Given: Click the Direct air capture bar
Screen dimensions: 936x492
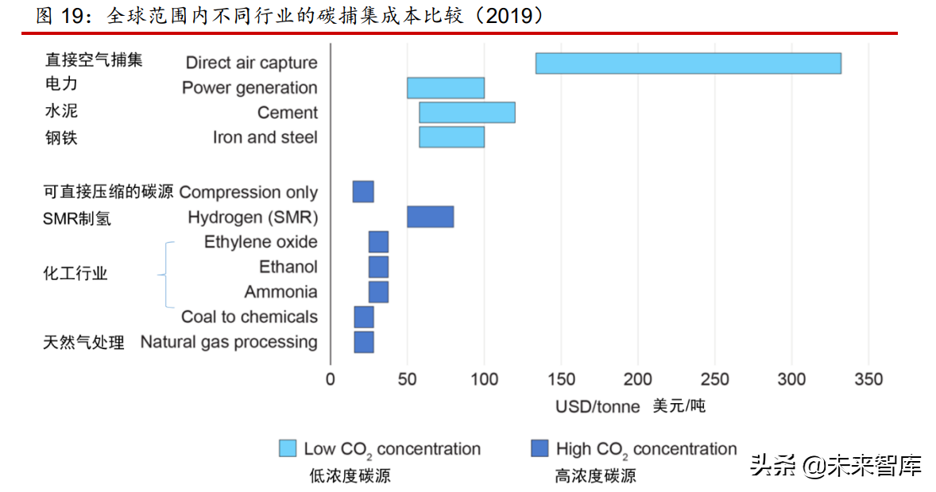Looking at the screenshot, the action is pyautogui.click(x=688, y=63).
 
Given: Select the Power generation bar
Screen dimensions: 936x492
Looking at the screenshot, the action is pyautogui.click(x=446, y=88).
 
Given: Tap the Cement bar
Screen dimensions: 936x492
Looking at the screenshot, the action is pyautogui.click(x=466, y=113).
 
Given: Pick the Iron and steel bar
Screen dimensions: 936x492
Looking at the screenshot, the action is pyautogui.click(x=452, y=137).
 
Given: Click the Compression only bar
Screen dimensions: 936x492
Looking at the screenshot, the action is pyautogui.click(x=363, y=192).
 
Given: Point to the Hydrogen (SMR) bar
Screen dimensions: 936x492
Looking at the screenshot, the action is pyautogui.click(x=431, y=217).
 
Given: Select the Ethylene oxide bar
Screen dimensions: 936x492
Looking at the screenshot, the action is pyautogui.click(x=378, y=242).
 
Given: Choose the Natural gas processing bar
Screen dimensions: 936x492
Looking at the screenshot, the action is pyautogui.click(x=364, y=342).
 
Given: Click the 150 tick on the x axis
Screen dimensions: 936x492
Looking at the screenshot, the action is pyautogui.click(x=561, y=379).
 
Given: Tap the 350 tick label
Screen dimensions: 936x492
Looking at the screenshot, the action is pyautogui.click(x=868, y=379).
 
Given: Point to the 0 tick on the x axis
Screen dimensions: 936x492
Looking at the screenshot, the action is pyautogui.click(x=331, y=379).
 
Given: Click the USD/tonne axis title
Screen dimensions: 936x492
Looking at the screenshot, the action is pyautogui.click(x=598, y=407).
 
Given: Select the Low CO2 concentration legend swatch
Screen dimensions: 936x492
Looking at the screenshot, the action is pyautogui.click(x=288, y=448).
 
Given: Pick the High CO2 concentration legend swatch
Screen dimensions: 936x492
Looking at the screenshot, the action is pyautogui.click(x=540, y=448).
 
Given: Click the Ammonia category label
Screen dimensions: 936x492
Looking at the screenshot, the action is pyautogui.click(x=280, y=292).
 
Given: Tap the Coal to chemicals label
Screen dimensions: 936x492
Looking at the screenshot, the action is pyautogui.click(x=249, y=317).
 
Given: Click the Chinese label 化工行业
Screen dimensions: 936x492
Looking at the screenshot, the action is pyautogui.click(x=75, y=274).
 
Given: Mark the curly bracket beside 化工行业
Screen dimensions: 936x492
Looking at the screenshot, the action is pyautogui.click(x=164, y=275).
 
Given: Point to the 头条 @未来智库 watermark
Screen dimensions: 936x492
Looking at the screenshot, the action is pyautogui.click(x=836, y=466).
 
